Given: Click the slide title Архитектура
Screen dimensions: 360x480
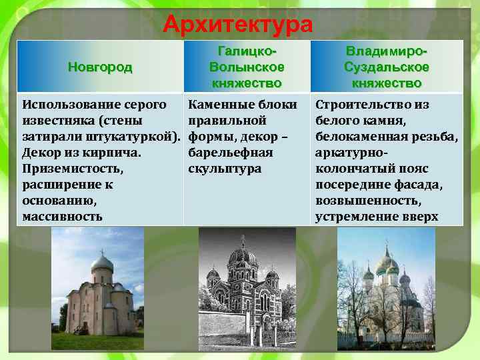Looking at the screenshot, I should pos(238,25).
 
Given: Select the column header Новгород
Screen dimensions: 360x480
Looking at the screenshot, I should pos(100,67).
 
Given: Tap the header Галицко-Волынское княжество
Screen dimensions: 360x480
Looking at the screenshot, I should pos(246,67).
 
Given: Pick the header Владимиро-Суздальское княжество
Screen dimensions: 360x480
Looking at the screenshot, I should pos(386,67).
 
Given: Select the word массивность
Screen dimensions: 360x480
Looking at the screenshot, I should pos(63,217).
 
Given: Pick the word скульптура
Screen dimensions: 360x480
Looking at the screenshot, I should pos(225,169).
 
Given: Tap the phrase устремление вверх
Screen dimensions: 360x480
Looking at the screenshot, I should pos(377,217).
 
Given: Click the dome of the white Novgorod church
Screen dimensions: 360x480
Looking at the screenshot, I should pos(101,266).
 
